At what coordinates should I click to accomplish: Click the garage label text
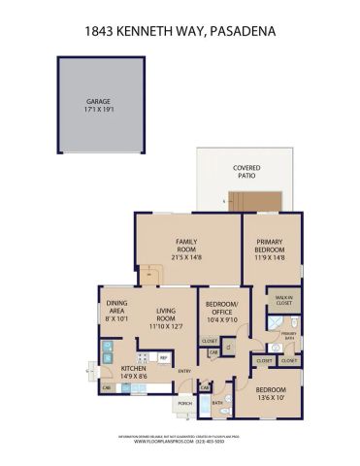point(100,100)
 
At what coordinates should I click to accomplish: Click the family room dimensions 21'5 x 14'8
point(187,254)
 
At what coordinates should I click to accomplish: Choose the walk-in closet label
point(283,300)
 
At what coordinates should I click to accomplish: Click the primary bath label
point(288,335)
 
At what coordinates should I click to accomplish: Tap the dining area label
point(117,312)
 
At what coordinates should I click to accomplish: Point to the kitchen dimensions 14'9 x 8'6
point(134,376)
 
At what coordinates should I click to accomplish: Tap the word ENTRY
point(183,370)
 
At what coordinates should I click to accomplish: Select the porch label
point(184,404)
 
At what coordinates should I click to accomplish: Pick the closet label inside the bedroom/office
point(209,341)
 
